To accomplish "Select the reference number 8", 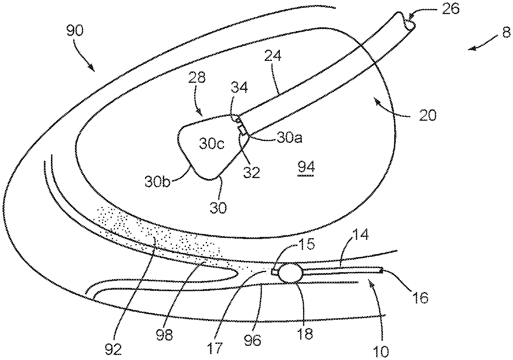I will point(506,34).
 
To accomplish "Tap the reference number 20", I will point(426,115).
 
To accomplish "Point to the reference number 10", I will point(381,352).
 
